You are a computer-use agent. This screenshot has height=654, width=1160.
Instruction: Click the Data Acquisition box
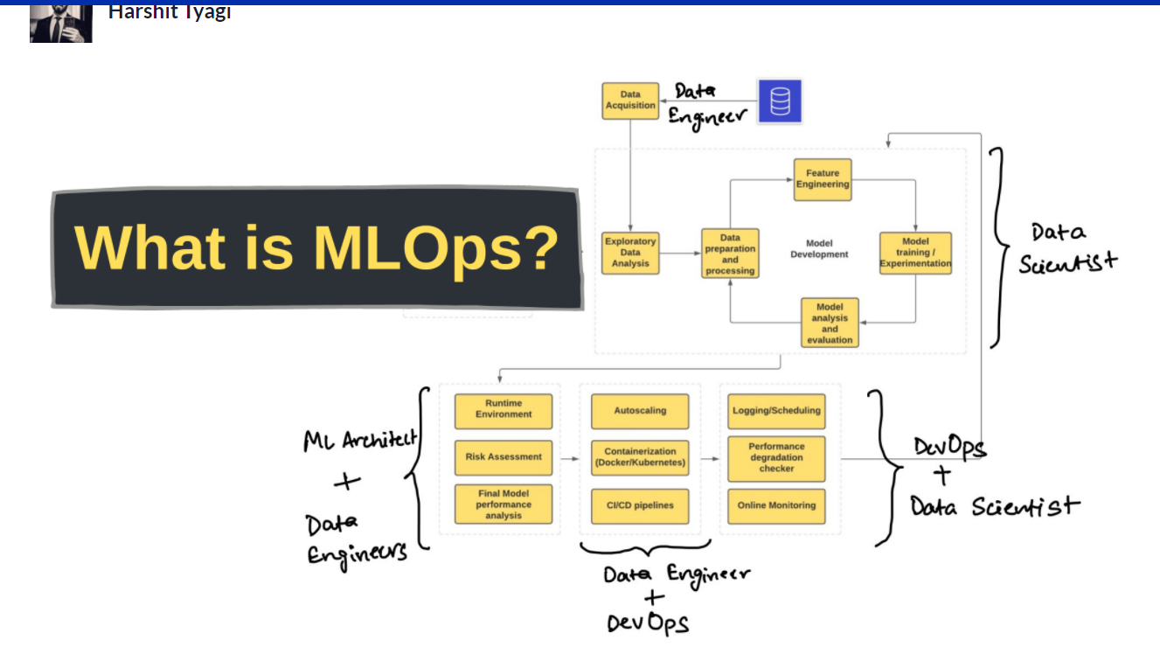(630, 101)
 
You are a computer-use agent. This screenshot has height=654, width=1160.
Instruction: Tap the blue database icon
(780, 101)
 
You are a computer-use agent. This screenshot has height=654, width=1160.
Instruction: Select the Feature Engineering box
(823, 179)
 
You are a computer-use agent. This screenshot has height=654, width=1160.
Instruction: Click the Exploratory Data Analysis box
(630, 253)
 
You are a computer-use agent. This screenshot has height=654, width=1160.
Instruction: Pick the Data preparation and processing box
(730, 254)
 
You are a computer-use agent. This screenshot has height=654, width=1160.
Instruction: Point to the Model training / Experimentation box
(915, 253)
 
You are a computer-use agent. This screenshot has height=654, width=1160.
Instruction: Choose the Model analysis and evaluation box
(830, 323)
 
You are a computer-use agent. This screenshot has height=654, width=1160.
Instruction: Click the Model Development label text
(819, 248)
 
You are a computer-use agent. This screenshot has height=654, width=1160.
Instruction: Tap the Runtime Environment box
(504, 411)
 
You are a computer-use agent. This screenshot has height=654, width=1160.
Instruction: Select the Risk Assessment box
(504, 457)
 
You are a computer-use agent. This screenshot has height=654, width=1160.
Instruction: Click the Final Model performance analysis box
(504, 504)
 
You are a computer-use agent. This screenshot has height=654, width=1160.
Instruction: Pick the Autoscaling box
(640, 411)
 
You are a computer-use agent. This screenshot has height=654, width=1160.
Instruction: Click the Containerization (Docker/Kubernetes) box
(640, 457)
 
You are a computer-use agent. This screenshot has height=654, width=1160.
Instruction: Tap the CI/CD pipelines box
(640, 506)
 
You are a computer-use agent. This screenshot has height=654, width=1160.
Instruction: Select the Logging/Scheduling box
(776, 411)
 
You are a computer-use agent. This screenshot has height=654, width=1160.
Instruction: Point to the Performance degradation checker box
(776, 458)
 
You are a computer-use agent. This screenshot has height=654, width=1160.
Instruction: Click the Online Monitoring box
(776, 506)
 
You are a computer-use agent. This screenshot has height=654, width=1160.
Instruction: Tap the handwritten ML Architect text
(360, 440)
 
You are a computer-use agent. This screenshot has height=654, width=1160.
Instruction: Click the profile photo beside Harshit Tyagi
(61, 24)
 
